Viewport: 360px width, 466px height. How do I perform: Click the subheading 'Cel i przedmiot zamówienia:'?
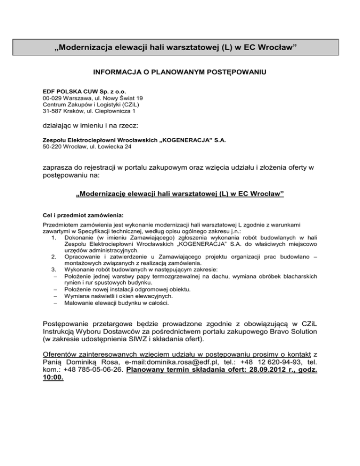(x=83, y=216)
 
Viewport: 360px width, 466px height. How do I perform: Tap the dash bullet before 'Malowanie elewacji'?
(x=55, y=303)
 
